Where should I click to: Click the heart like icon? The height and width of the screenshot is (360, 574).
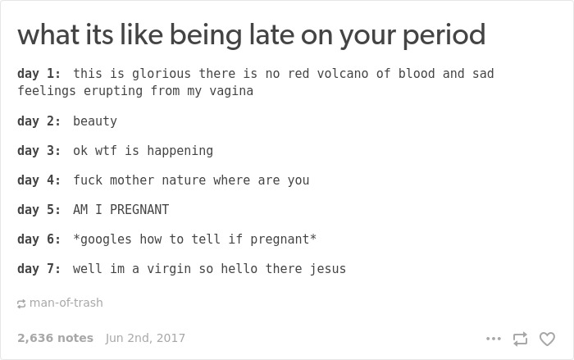pos(547,339)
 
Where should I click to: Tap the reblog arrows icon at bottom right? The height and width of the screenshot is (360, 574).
pos(520,339)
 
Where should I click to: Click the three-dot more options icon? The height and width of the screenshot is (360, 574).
pos(493,339)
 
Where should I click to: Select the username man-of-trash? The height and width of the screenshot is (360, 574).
pos(66,303)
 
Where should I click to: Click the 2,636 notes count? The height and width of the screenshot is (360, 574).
pos(55,338)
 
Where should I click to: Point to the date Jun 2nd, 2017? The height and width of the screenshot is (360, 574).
pos(145,338)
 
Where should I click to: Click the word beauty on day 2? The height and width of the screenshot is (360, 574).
pos(95,121)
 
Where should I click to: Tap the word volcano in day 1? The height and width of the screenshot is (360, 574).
pos(343,74)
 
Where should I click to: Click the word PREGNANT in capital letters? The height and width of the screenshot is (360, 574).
pos(139,210)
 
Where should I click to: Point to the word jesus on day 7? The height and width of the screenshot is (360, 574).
pos(328,269)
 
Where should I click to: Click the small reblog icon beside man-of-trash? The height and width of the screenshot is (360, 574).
pos(21,303)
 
